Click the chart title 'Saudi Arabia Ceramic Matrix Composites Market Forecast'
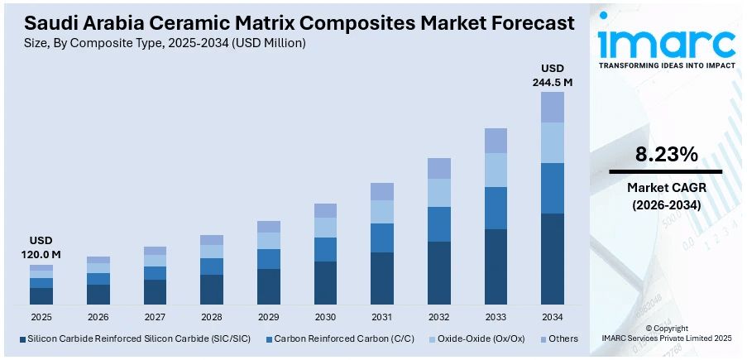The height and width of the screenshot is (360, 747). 293,23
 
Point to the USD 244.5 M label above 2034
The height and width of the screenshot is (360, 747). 552,74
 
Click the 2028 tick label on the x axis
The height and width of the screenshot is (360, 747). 212,317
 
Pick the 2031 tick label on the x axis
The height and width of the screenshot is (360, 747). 382,317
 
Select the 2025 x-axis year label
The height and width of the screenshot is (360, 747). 41,317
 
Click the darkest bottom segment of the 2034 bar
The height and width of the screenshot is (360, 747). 553,258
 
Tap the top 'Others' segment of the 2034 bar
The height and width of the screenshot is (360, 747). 553,107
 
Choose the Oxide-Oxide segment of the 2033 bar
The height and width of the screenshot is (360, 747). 496,170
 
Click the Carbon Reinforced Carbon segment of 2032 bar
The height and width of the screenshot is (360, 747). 439,223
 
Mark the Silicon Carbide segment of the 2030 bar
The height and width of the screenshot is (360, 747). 325,282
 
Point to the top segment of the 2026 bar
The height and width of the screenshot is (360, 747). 98,260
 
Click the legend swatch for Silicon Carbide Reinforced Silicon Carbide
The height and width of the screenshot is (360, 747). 22,338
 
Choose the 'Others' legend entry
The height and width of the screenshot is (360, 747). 560,338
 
